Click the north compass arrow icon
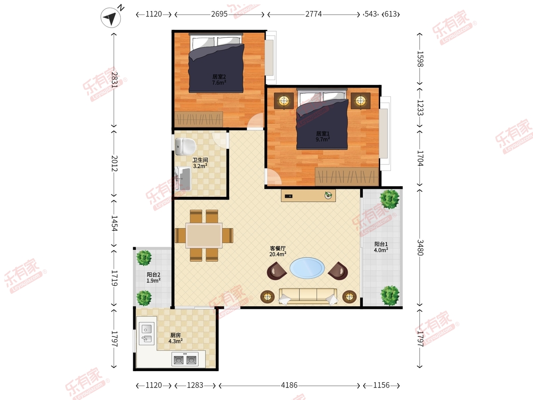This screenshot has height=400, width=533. click(111, 17)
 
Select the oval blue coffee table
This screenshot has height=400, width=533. click(307, 268)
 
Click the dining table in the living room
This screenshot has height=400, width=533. click(204, 236)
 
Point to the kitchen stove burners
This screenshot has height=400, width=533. click(185, 359)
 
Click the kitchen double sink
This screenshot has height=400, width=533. click(147, 333)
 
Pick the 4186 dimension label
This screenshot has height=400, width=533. click(289, 385)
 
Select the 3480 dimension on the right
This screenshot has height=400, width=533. click(420, 248)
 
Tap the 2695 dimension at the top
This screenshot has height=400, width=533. click(219, 14)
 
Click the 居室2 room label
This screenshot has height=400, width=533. click(219, 77)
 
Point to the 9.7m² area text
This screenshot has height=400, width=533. click(323, 139)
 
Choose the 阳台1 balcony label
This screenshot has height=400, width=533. click(381, 244)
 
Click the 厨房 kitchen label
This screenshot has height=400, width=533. click(175, 335)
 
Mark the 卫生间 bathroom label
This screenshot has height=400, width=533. click(200, 160)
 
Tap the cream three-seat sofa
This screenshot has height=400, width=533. click(308, 296)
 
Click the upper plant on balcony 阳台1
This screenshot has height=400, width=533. click(390, 199)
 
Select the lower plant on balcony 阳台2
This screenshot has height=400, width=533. click(144, 298)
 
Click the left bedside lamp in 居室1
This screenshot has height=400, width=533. click(284, 100)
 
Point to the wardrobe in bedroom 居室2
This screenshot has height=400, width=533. click(199, 119)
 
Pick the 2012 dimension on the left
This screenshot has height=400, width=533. click(114, 163)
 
